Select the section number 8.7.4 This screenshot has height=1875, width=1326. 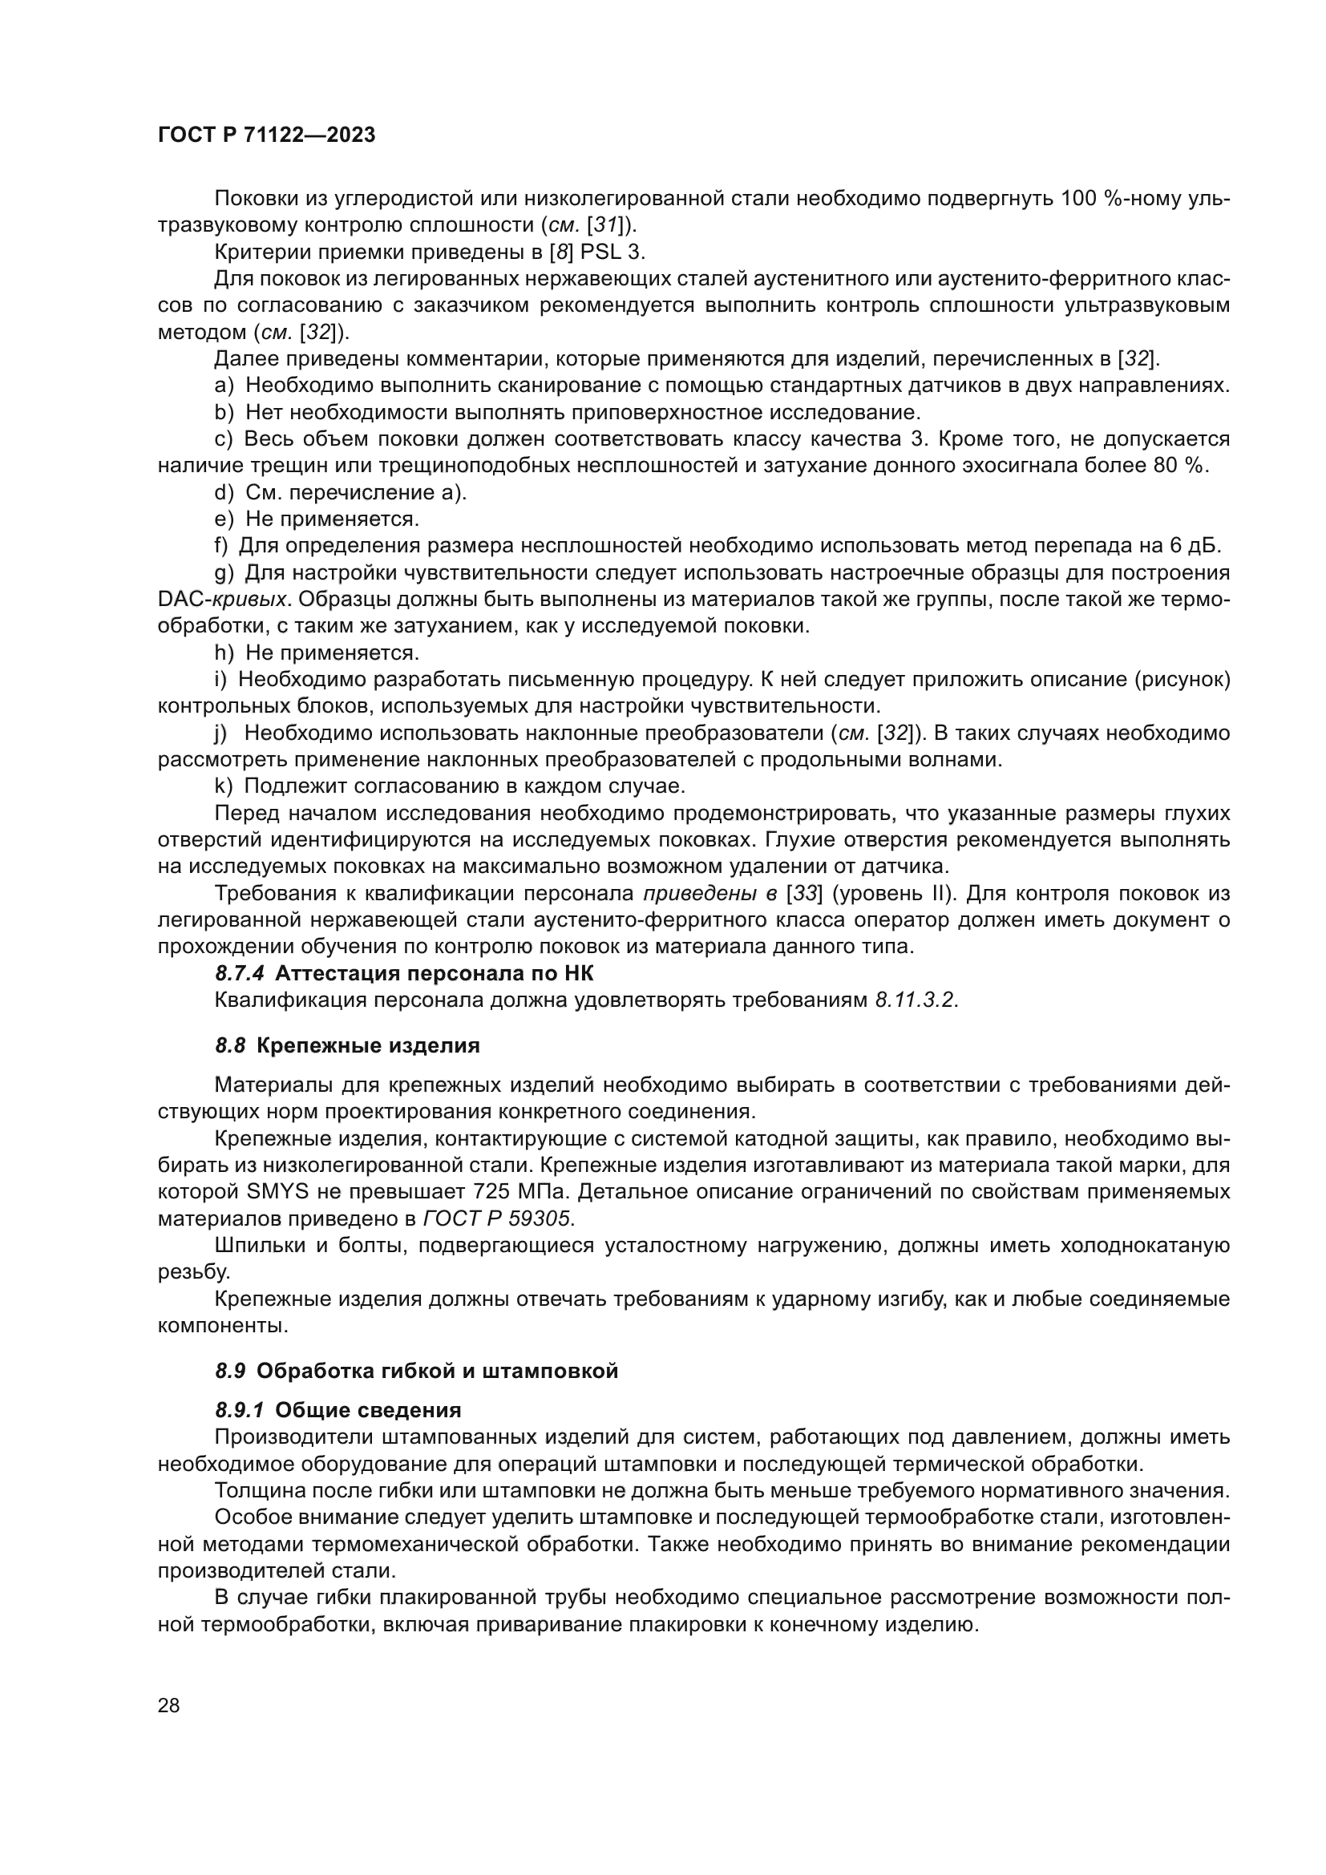pos(239,973)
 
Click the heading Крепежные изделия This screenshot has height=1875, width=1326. pos(368,1046)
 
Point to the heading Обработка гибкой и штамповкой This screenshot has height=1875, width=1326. pos(437,1371)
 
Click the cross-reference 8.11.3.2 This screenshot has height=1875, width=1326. pos(915,1000)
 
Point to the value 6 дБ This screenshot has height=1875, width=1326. pos(1191,547)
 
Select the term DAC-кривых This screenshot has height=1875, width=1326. pos(222,600)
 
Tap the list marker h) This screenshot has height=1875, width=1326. pos(223,653)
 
